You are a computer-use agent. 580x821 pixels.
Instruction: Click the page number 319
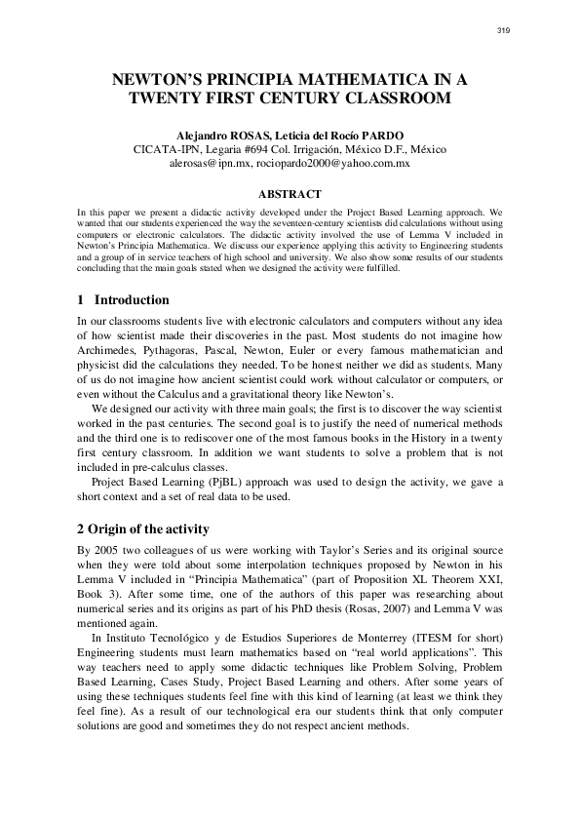(503, 31)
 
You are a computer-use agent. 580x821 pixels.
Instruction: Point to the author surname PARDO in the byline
(381, 134)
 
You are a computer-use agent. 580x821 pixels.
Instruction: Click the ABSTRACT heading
(290, 194)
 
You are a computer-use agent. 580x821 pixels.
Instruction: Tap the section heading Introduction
(132, 299)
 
